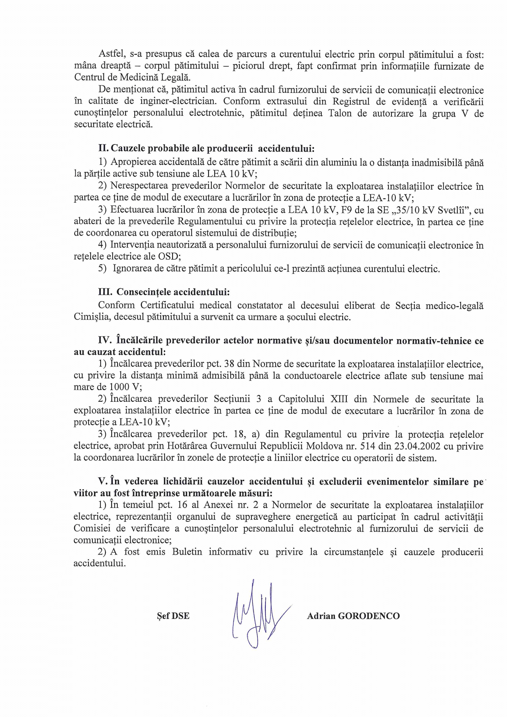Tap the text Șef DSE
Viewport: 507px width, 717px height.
(173, 616)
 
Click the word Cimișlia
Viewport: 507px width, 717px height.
(91, 317)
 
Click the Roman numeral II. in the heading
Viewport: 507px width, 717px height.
(104, 148)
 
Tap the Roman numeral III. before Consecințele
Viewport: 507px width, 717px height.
(105, 292)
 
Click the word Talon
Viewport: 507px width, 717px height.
(340, 113)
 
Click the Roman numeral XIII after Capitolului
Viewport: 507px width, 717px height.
(337, 399)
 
